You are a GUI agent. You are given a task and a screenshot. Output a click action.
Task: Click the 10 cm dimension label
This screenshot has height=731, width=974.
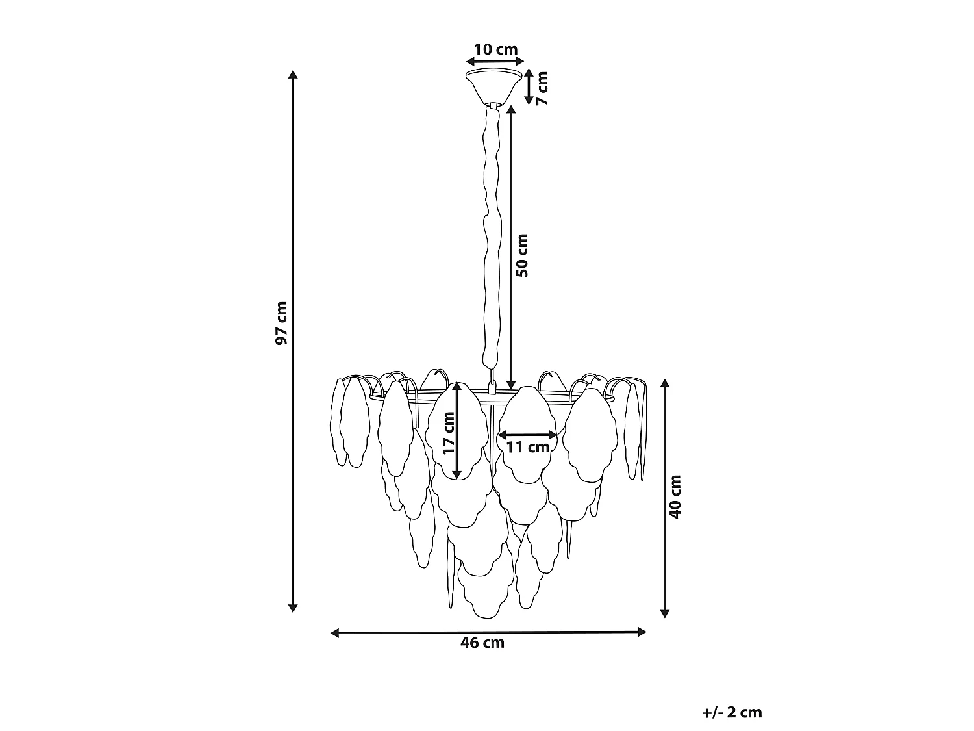495,49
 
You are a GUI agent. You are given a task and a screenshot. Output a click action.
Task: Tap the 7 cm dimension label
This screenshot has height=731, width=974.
542,88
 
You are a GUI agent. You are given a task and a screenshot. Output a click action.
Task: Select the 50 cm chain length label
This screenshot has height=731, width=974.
522,255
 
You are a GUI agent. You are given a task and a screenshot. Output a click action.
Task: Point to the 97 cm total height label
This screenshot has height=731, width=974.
281,323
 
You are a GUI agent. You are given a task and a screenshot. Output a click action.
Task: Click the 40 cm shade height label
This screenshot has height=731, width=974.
675,496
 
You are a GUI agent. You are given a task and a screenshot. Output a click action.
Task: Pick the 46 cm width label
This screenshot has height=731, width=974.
482,643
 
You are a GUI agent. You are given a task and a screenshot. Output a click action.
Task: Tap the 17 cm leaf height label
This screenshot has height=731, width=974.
449,433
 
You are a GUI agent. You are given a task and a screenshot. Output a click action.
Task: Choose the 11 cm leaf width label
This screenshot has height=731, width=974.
528,447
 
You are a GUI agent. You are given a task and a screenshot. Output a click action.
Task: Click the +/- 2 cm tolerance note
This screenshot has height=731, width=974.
732,712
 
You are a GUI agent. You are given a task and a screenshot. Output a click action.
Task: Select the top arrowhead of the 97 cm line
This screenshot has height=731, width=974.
293,74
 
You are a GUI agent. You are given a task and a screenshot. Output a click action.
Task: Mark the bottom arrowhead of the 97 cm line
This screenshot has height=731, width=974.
293,608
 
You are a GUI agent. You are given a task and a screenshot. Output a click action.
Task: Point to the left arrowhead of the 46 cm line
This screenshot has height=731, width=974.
335,633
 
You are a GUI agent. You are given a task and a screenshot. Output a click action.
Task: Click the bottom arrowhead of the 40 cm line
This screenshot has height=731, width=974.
665,613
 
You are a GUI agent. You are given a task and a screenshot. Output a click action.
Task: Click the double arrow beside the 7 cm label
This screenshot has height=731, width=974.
529,86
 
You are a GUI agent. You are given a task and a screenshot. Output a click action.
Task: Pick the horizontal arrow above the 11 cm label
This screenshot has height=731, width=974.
528,435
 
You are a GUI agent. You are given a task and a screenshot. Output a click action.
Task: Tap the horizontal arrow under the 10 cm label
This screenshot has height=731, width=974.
495,62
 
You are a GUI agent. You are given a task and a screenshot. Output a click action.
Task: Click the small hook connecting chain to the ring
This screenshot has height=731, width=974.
492,386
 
